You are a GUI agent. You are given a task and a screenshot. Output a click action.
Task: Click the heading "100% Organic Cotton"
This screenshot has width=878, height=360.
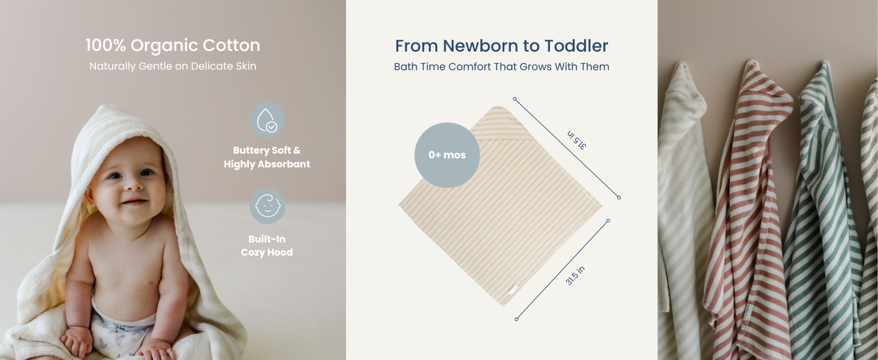coord(173,46)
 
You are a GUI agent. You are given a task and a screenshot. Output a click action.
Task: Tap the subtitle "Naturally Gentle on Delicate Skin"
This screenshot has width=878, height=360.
coord(173,66)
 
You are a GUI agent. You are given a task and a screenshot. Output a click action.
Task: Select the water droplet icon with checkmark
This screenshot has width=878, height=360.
coord(267,120)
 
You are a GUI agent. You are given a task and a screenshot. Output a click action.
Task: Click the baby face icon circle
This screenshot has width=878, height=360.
coord(267,206)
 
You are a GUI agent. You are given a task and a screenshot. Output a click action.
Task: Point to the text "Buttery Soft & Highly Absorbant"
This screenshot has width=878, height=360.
coord(267,157)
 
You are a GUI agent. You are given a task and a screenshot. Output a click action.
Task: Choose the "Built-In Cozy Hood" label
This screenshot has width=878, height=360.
coord(267,245)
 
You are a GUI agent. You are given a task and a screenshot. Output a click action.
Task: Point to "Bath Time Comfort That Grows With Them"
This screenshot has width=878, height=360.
coord(501,67)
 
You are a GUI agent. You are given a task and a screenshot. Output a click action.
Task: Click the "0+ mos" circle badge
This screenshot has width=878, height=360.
coord(447,155)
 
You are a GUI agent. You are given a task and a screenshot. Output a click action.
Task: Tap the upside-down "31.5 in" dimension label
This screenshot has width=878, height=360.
coord(576,140)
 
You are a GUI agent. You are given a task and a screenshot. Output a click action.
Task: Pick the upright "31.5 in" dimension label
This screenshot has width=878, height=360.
coord(575,275)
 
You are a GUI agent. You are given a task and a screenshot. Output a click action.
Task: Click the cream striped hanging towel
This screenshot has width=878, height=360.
coord(684,212)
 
